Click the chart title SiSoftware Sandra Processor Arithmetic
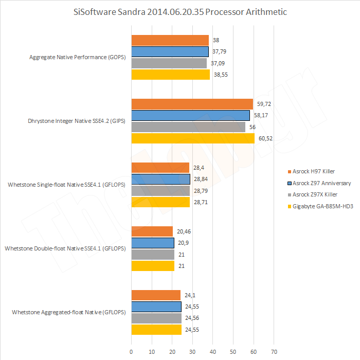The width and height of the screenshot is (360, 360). [180, 12]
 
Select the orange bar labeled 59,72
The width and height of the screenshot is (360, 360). [192, 104]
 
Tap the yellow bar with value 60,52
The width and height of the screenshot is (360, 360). [193, 138]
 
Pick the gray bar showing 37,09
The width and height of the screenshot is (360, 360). [169, 63]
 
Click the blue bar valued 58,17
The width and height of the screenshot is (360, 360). [190, 115]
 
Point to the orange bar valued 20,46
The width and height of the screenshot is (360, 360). [152, 231]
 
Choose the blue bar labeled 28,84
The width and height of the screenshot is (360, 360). [161, 179]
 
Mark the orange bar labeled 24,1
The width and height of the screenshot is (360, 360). [156, 295]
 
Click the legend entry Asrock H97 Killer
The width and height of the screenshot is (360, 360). [314, 171]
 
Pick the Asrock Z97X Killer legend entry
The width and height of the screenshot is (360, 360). [315, 195]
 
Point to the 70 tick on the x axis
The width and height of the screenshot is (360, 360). [274, 352]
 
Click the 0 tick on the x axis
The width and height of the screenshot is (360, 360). [132, 352]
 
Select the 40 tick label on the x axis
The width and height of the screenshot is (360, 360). [213, 352]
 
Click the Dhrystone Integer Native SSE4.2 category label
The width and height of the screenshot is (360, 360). [77, 121]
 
